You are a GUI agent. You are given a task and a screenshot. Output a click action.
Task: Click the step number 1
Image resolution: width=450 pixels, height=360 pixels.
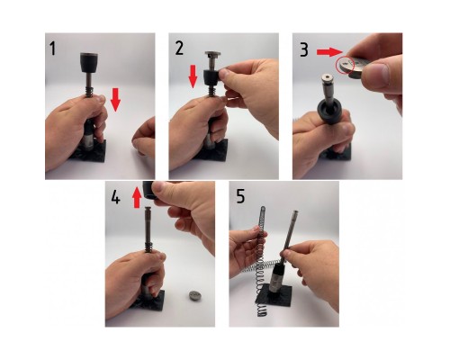53,49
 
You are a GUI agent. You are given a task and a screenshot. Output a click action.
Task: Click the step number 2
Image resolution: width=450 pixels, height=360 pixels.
179,49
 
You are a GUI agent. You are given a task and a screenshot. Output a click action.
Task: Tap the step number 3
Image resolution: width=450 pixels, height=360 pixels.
304,50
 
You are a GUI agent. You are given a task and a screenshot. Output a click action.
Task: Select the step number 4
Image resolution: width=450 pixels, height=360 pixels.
115,197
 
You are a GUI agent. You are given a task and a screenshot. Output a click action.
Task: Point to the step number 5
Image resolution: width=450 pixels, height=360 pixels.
240,196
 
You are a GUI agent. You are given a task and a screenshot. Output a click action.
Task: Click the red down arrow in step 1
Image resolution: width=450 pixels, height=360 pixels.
115,100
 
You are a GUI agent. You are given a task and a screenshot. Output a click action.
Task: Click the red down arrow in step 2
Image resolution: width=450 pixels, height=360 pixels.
193,76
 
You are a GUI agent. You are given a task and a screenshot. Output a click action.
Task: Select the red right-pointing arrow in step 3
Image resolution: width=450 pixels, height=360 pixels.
329,52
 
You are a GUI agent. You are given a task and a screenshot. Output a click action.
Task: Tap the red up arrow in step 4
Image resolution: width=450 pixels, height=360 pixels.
137,197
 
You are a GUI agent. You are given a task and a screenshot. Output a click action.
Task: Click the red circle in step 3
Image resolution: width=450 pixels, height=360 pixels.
346,66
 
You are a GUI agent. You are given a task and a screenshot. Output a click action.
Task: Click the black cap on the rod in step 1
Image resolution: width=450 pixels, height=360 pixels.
89,62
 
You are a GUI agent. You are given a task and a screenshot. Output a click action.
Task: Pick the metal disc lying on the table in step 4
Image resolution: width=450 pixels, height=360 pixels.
195,295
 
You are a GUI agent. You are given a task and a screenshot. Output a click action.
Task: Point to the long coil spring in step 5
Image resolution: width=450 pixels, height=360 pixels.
262,261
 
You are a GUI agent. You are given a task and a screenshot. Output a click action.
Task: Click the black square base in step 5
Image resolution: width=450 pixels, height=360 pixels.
274,296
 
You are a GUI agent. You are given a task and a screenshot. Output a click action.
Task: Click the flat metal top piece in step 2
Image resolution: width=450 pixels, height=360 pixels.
212,54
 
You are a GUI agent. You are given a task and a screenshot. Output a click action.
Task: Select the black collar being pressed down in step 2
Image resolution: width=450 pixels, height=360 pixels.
211,77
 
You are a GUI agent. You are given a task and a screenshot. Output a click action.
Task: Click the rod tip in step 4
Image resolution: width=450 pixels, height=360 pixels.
148,209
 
